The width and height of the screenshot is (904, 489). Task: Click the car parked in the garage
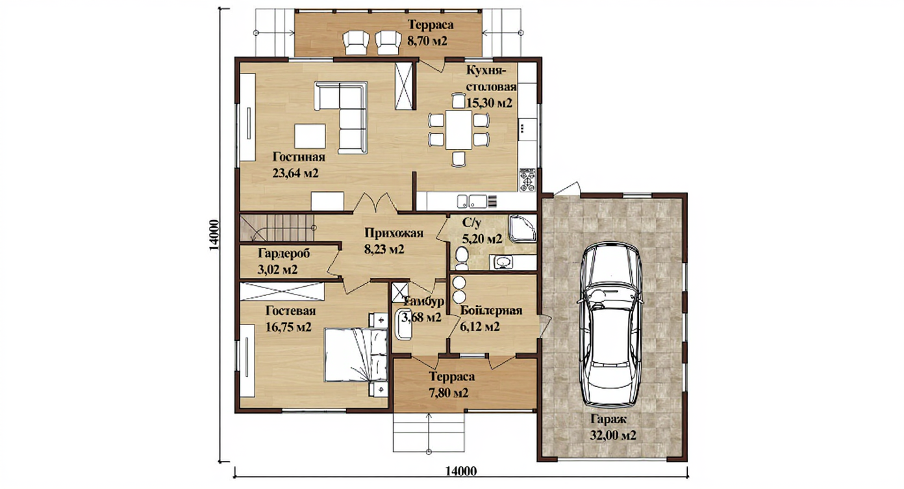(610, 326)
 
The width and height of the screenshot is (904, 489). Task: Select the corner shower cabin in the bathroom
(523, 228)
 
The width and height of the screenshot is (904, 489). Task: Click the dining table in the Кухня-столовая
(458, 129)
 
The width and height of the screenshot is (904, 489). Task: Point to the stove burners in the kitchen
(528, 179)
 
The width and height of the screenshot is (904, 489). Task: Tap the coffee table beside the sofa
(310, 136)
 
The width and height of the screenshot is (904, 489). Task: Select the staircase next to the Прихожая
(277, 228)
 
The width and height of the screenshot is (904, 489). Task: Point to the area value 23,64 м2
(295, 174)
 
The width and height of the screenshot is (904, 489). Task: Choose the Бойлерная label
(491, 310)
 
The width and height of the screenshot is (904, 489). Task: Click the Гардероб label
(284, 254)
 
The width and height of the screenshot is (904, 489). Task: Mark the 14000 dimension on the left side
(214, 235)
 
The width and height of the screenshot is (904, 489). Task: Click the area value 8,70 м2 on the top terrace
(427, 41)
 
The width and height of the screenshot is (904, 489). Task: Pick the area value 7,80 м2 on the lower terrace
(449, 392)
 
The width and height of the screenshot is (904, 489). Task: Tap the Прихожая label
(394, 233)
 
